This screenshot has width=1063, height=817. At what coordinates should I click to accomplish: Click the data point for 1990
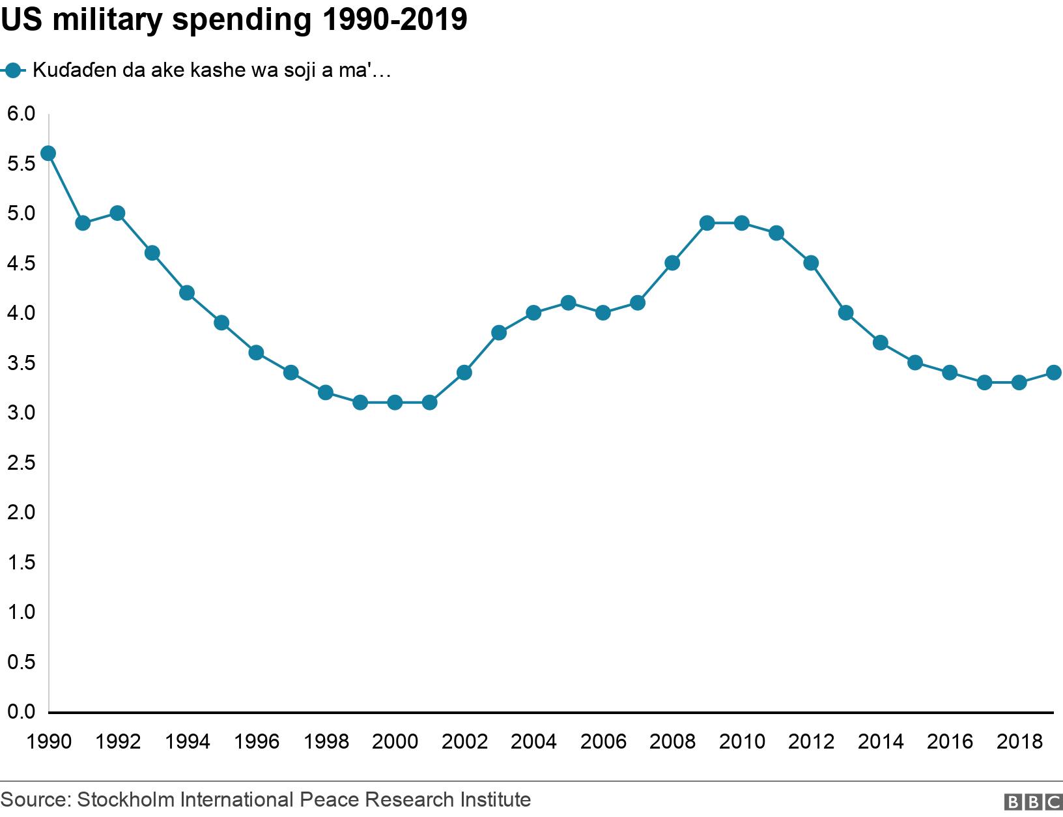pos(48,153)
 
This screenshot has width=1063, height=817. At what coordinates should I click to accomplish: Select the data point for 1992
pos(117,213)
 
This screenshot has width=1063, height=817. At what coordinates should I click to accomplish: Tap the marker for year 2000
pos(395,403)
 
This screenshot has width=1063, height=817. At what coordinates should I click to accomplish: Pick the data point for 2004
pos(533,313)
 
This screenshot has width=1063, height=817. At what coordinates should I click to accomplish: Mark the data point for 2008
pos(672,263)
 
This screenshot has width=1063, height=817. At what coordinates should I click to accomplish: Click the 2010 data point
pos(741,223)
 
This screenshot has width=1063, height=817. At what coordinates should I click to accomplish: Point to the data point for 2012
pos(811,263)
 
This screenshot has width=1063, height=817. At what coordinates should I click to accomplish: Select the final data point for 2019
pos(1054,373)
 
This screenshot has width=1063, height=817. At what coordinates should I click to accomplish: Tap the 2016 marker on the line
pos(950,373)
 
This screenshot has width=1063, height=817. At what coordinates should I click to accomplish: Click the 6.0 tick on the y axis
pos(21,114)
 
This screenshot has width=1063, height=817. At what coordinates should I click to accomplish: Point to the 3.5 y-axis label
pos(21,364)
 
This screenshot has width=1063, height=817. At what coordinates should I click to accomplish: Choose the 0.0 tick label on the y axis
pos(21,712)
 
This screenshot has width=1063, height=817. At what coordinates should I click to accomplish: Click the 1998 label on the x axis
pos(326,741)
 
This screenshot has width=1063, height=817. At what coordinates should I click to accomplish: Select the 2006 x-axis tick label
pos(603,741)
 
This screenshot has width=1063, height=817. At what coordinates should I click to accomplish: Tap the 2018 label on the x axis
pos(1019,741)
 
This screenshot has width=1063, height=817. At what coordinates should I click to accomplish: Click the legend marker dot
pos(13,70)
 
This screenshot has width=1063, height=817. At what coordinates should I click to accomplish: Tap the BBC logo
pos(1032,802)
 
